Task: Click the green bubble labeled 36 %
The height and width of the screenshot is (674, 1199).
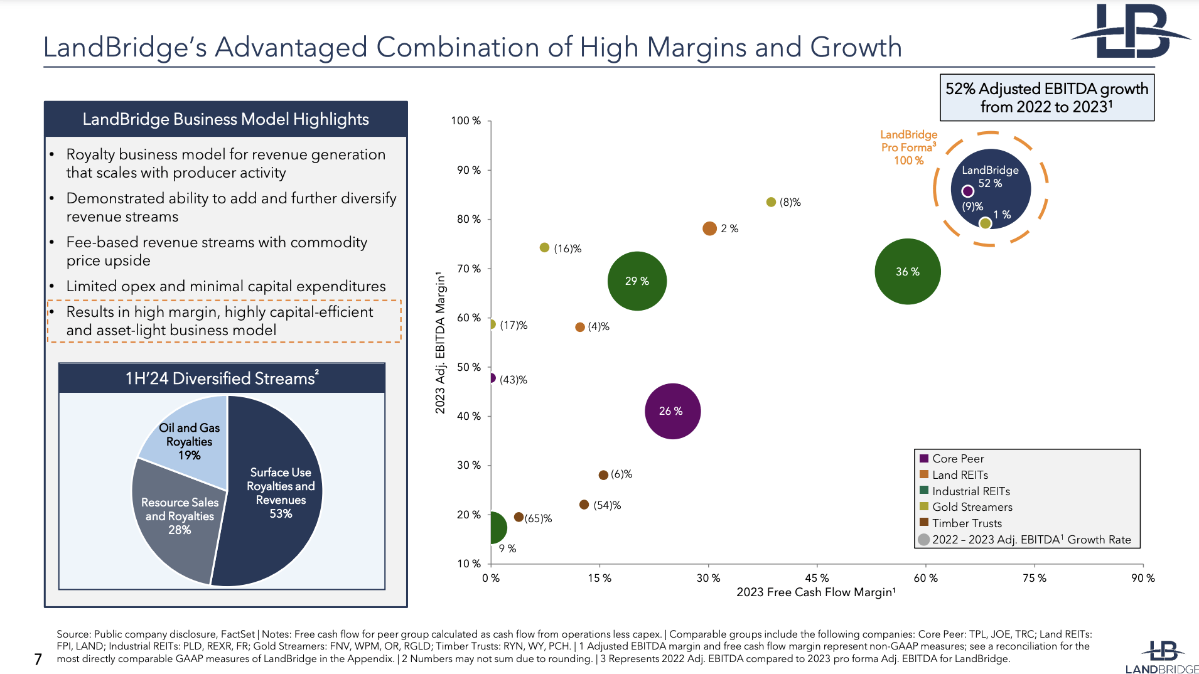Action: pos(907,271)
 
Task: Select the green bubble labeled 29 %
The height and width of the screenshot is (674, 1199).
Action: pos(637,281)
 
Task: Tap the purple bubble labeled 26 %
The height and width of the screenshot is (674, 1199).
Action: pos(672,411)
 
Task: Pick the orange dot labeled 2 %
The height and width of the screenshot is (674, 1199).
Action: pos(709,228)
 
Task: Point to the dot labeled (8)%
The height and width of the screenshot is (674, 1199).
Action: pos(771,202)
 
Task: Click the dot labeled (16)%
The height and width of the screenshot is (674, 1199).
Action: pos(544,248)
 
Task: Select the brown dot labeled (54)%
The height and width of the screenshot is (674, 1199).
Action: pos(584,505)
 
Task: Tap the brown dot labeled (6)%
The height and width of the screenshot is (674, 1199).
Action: pos(603,475)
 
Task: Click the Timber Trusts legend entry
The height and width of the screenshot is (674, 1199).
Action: pos(967,523)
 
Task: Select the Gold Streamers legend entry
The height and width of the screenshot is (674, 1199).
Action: pos(972,506)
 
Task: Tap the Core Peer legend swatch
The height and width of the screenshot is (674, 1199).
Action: pos(924,458)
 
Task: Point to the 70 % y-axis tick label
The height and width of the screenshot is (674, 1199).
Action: pos(469,269)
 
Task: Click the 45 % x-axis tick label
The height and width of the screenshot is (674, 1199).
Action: pos(817,578)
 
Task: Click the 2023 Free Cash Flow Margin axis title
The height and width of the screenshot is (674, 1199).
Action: pos(815,592)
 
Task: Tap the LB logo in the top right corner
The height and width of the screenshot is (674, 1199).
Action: pos(1130,31)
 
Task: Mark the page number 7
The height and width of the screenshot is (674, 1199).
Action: pos(38,659)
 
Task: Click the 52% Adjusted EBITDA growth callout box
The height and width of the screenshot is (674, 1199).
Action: pos(1046,97)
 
